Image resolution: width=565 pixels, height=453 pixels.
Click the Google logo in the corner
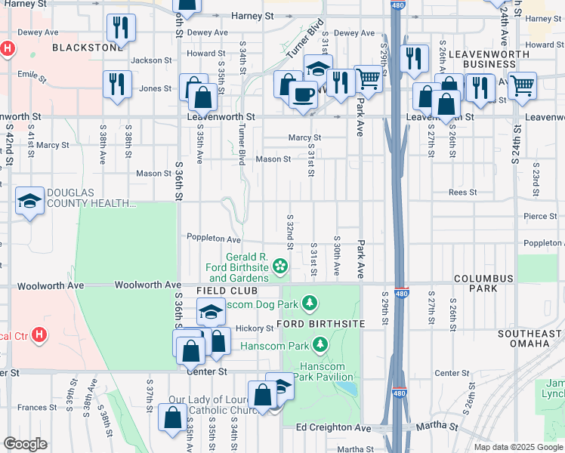tap(25, 444)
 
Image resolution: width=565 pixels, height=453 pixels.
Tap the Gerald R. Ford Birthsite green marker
tap(280, 264)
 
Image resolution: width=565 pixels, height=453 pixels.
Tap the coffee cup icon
tap(303, 95)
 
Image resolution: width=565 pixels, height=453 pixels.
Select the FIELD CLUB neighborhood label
tap(227, 291)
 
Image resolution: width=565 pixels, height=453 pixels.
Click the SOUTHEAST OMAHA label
tap(530, 338)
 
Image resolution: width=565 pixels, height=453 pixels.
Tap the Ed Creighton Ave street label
tap(333, 427)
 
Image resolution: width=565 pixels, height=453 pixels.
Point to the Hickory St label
tap(254, 328)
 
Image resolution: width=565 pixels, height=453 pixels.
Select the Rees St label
tap(462, 192)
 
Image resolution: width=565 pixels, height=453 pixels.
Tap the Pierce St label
tap(539, 216)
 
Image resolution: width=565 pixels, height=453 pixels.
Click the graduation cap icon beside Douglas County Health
tap(29, 201)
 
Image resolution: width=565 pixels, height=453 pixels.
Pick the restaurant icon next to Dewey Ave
tap(121, 29)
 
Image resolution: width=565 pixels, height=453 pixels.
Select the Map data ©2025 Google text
tap(518, 447)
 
